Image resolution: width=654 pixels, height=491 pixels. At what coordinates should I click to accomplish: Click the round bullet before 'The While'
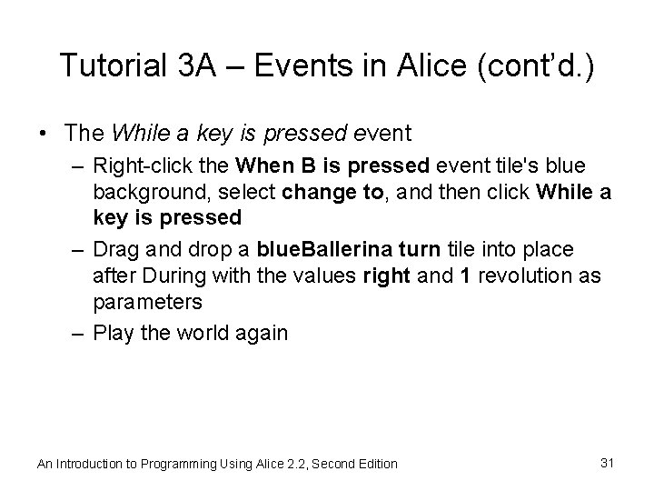click(x=45, y=134)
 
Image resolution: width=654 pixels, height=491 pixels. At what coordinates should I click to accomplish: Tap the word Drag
click(x=113, y=249)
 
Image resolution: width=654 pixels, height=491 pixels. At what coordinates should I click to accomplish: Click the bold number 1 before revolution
click(x=465, y=275)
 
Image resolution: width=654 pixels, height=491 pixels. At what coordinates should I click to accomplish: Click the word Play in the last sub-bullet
click(x=113, y=333)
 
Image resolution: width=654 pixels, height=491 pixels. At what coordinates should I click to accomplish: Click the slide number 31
click(x=608, y=463)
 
